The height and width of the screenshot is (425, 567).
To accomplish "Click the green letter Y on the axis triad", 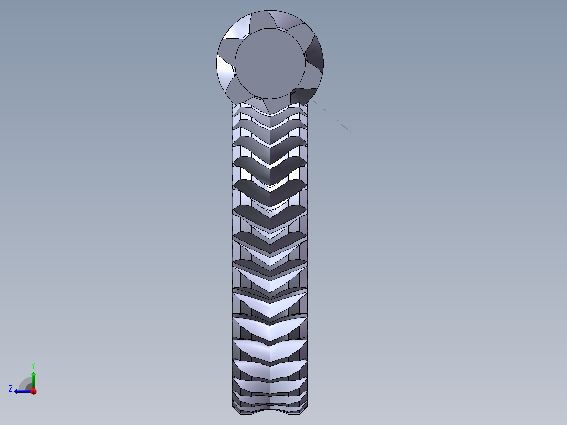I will click(x=33, y=365).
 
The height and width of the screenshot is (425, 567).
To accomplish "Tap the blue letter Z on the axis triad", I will click(x=10, y=388).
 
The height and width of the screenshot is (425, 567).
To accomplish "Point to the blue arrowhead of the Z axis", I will click(x=17, y=391).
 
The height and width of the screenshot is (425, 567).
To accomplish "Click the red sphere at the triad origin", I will click(x=33, y=391).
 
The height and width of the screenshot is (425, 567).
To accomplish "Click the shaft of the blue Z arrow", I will click(x=24, y=391).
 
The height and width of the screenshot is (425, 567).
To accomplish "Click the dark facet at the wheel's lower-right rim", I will click(x=303, y=95).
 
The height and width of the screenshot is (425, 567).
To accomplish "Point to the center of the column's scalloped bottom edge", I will click(x=270, y=410).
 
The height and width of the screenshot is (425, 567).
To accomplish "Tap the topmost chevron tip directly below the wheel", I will click(x=270, y=113).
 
